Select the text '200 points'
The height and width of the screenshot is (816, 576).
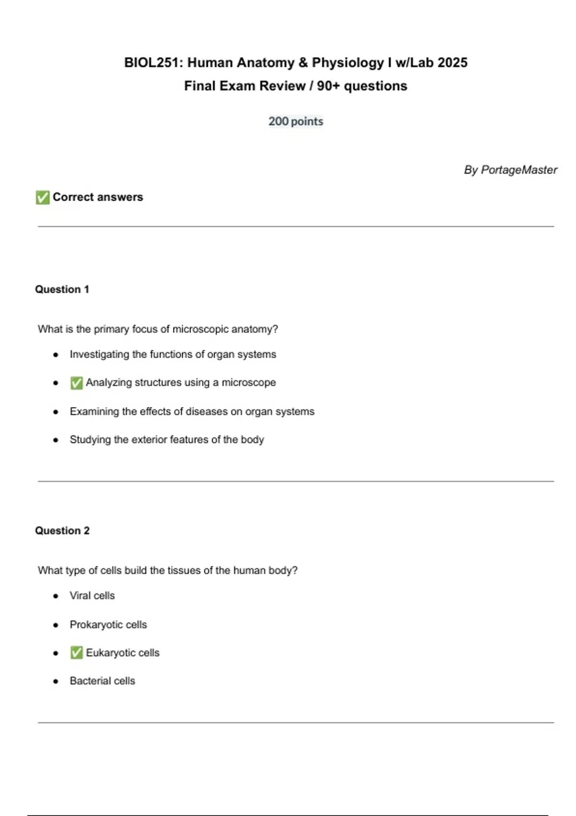(296, 121)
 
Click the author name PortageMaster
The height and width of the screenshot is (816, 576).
(519, 170)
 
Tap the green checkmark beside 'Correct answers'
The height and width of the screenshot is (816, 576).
(42, 197)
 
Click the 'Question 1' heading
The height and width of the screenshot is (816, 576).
(62, 289)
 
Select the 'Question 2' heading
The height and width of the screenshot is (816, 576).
(62, 531)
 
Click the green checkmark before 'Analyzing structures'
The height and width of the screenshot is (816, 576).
(76, 383)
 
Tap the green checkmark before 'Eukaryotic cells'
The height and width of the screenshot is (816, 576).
(76, 653)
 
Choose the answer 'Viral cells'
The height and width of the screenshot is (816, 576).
(92, 596)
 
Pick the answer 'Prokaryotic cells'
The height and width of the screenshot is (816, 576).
(108, 624)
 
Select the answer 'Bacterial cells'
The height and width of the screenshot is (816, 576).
(102, 681)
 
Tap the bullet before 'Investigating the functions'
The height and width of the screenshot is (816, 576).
(56, 355)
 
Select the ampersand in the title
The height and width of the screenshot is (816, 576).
(303, 63)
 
